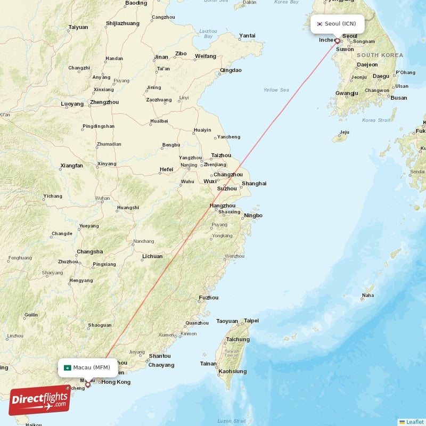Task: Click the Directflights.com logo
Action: pyautogui.click(x=39, y=400)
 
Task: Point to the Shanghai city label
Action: pyautogui.click(x=254, y=184)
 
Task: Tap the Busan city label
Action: pyautogui.click(x=398, y=98)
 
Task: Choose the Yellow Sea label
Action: pyautogui.click(x=276, y=90)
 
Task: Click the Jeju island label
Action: pyautogui.click(x=345, y=132)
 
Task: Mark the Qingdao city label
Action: pyautogui.click(x=231, y=70)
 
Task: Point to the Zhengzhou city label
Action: pyautogui.click(x=104, y=102)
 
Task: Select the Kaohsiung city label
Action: pyautogui.click(x=233, y=371)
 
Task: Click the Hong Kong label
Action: pyautogui.click(x=116, y=382)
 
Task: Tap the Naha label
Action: pyautogui.click(x=367, y=295)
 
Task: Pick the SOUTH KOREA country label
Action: pyautogui.click(x=380, y=55)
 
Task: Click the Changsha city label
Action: pyautogui.click(x=90, y=252)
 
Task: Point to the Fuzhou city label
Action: pyautogui.click(x=208, y=298)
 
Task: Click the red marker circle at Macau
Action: pyautogui.click(x=88, y=384)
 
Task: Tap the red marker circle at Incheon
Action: pyautogui.click(x=337, y=40)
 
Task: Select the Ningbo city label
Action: pyautogui.click(x=253, y=216)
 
